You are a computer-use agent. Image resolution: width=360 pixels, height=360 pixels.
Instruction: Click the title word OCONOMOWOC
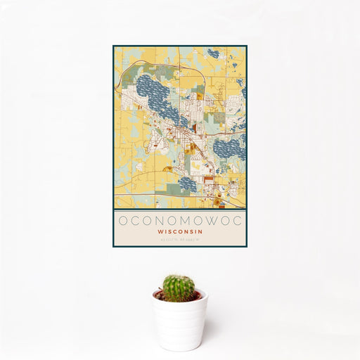tap(180, 220)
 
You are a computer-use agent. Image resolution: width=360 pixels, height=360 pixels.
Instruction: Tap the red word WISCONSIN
tap(180, 231)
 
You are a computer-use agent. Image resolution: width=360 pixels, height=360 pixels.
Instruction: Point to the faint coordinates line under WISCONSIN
tap(180, 239)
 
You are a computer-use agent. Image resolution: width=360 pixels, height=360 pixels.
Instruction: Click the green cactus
tap(179, 288)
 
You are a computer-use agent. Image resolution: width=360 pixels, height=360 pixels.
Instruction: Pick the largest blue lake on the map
tap(157, 98)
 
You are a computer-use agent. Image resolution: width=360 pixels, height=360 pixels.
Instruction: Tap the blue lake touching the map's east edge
tap(230, 148)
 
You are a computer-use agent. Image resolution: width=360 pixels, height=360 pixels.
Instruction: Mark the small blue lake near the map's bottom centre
tap(186, 184)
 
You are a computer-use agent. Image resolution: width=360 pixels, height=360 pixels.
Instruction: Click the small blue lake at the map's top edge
tap(212, 53)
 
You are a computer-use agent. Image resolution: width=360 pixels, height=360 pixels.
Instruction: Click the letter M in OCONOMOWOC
tap(180, 220)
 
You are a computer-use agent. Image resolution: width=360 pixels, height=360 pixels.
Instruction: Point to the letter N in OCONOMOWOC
tap(154, 220)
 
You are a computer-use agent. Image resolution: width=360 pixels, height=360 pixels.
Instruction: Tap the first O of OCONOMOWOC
tap(122, 220)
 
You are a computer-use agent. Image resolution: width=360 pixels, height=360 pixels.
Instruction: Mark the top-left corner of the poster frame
tap(113, 46)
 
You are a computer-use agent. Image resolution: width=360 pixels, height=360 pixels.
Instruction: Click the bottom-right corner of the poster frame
tap(247, 247)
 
